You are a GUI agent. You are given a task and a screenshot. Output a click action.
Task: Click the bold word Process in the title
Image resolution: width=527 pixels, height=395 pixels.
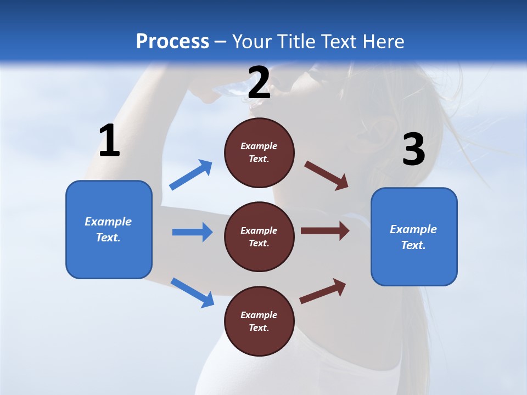point(172,42)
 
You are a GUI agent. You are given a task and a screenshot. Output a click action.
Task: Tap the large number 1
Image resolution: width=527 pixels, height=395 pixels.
point(109,140)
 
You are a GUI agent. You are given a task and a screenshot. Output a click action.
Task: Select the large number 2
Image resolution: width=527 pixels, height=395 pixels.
point(259,83)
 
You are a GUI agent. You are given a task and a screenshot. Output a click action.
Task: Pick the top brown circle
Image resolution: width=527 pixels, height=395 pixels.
point(259,153)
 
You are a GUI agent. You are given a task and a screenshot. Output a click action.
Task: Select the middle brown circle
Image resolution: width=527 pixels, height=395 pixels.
point(259,237)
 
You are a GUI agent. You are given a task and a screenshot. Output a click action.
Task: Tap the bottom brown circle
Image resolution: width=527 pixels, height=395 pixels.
point(259,321)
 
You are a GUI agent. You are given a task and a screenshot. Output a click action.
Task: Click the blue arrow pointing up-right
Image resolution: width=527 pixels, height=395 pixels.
point(191,175)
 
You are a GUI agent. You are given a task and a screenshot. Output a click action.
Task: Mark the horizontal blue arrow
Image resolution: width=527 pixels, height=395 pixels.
point(192,232)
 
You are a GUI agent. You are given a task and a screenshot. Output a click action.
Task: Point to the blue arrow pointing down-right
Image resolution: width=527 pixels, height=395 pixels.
point(192,292)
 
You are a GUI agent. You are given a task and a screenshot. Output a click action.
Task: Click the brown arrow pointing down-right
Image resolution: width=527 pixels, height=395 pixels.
point(327,176)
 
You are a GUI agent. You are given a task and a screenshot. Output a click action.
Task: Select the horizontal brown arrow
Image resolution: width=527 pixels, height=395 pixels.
point(325,231)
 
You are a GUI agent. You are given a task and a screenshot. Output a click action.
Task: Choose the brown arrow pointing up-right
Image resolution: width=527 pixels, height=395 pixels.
point(323,291)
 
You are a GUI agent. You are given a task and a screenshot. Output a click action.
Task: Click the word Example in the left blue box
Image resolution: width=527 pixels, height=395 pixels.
point(108,222)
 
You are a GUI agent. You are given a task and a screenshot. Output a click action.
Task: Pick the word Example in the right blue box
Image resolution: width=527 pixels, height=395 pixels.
point(413,229)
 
